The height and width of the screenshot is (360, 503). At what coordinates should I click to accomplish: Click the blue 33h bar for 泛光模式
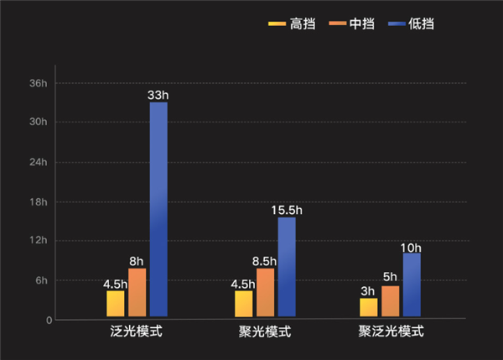158,209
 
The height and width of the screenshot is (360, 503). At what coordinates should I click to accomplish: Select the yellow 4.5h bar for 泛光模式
115,303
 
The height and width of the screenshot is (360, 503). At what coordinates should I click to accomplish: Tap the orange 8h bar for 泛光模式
137,292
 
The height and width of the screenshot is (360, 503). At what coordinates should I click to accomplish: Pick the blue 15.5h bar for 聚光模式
287,267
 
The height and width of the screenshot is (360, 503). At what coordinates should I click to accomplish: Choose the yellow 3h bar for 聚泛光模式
368,307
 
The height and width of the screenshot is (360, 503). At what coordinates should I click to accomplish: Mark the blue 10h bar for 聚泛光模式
411,284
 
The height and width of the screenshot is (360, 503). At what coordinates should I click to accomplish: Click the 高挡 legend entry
293,23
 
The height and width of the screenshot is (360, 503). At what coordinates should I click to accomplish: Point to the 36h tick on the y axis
38,83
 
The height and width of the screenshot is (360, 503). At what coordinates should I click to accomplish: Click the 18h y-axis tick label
38,202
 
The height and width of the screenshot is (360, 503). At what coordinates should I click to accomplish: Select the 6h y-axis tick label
41,280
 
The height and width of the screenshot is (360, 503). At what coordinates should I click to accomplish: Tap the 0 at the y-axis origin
49,320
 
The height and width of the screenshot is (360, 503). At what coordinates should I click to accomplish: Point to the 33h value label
158,96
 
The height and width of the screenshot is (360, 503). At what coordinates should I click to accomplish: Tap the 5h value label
390,278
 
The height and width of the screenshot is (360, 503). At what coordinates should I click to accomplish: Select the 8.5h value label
265,261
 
